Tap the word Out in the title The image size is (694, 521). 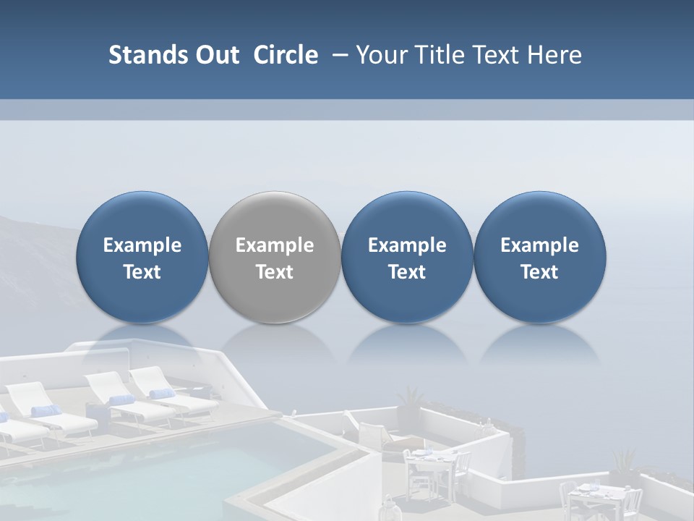coord(215,55)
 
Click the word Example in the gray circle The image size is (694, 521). coord(275,245)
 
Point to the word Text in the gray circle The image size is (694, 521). coord(275,272)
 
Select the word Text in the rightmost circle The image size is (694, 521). coord(539,272)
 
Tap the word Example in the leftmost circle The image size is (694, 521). coord(142,245)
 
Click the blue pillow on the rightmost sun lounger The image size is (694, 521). coord(162,394)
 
